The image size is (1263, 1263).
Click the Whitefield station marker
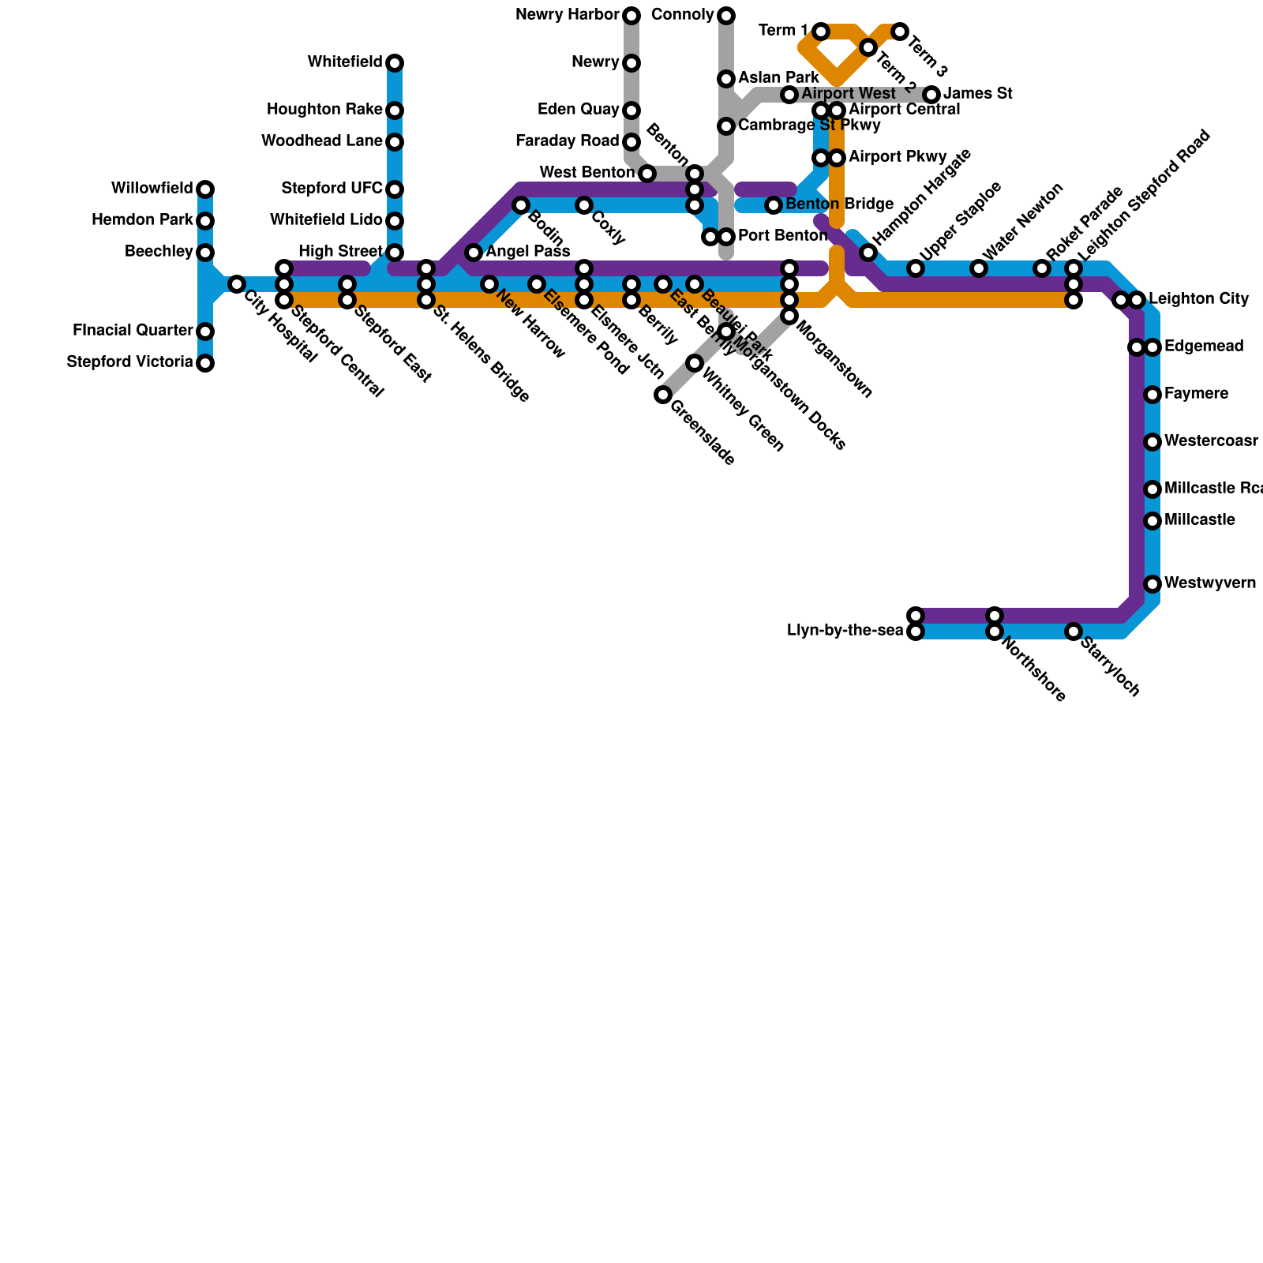tap(395, 63)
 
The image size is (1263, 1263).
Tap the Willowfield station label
tap(152, 189)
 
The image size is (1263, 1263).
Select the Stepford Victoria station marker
tap(205, 363)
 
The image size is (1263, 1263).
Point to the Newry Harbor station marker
tap(631, 16)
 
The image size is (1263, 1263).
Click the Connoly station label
tap(683, 15)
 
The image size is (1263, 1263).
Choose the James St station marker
tap(931, 95)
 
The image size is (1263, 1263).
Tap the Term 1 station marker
tap(821, 32)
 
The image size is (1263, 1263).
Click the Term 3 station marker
tap(900, 32)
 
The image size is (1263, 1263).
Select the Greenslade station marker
tap(663, 395)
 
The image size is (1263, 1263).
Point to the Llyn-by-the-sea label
tap(845, 631)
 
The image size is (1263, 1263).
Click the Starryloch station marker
tap(1074, 631)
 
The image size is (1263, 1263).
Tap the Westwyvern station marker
tap(1152, 584)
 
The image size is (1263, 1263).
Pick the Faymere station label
tap(1196, 394)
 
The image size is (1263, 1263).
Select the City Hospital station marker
tap(237, 284)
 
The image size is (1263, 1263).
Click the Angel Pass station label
tap(528, 252)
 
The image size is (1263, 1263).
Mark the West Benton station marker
tap(647, 174)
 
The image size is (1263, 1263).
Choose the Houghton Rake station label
tap(324, 110)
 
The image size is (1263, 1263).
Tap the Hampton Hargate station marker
tap(868, 253)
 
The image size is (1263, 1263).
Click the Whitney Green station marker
tap(695, 363)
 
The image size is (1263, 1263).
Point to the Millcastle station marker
tap(1152, 521)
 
